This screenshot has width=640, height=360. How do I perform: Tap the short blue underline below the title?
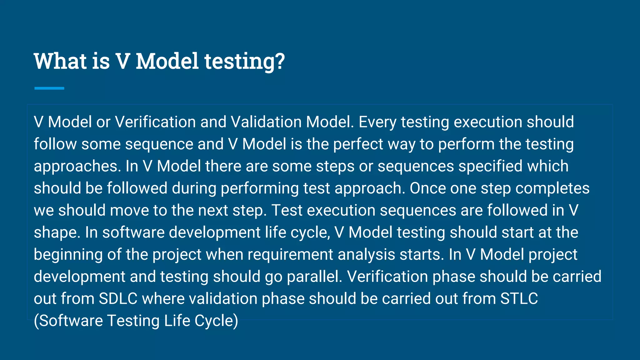tap(49, 88)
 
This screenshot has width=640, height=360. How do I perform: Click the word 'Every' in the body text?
tap(377, 122)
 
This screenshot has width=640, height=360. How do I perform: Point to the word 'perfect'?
tap(358, 144)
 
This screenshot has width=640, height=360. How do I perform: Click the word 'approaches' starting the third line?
tap(77, 166)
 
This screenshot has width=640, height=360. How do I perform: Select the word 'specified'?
tap(491, 166)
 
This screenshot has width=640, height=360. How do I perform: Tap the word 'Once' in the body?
tap(427, 188)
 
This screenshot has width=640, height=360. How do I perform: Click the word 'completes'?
tap(552, 188)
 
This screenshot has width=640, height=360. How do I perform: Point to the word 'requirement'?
tap(290, 255)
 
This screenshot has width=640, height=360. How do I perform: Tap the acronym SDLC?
tap(118, 299)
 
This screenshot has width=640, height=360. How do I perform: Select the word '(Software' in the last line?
tap(68, 321)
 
